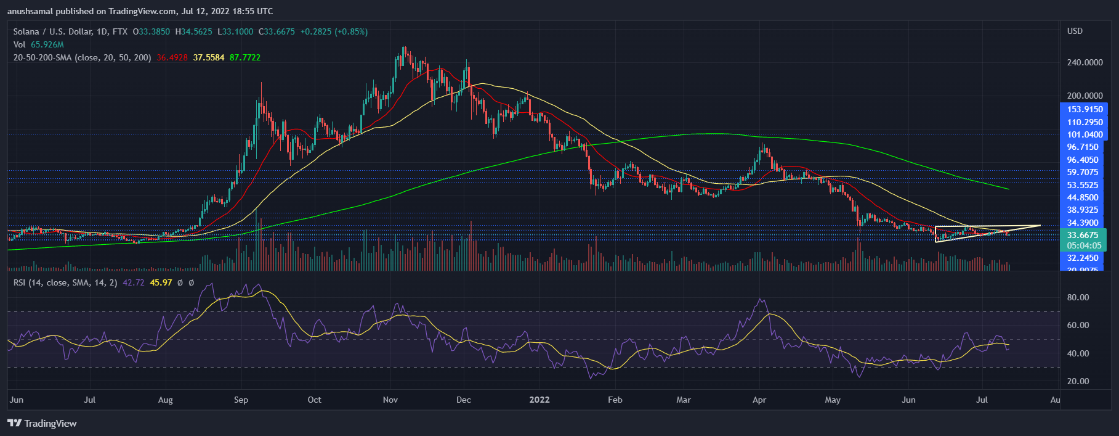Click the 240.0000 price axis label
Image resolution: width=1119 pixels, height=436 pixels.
(1085, 62)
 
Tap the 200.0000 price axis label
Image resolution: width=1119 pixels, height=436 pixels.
(1085, 96)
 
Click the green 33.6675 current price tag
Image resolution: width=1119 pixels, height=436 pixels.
(1083, 235)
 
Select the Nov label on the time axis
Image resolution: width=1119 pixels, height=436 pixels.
(390, 400)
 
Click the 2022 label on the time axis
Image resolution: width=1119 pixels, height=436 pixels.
(539, 400)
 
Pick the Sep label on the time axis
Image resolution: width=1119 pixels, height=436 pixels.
(241, 400)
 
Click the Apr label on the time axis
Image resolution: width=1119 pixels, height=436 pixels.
(759, 400)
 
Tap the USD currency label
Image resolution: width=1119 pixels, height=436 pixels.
(1075, 31)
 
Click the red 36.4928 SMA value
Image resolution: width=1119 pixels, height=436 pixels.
(172, 57)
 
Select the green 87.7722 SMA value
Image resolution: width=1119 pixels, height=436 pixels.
(245, 57)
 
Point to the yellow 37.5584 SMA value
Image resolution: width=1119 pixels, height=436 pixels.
(209, 57)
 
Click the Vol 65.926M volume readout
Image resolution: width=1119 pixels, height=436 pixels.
(38, 44)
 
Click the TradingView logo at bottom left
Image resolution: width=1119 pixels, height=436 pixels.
(42, 423)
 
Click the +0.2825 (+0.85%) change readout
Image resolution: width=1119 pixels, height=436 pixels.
(334, 31)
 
